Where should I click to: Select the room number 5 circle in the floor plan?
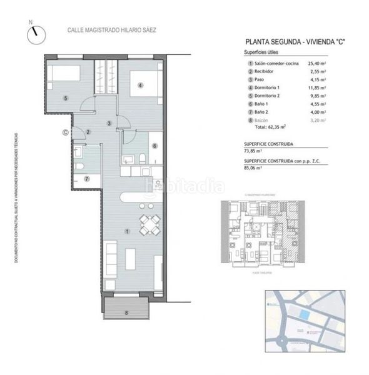click(x=65, y=98)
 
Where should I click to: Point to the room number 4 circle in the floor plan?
click(x=141, y=86)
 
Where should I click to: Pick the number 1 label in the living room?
click(x=128, y=231)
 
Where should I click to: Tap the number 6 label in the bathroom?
click(x=155, y=146)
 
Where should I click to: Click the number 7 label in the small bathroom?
click(x=88, y=179)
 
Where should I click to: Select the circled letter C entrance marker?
click(x=64, y=132)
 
